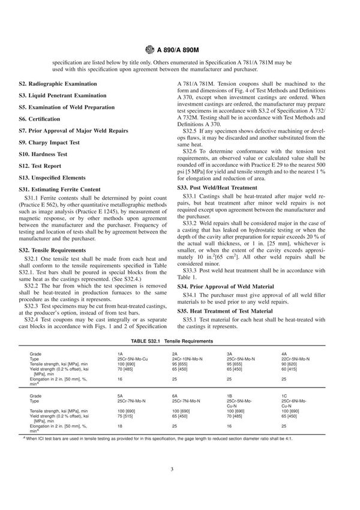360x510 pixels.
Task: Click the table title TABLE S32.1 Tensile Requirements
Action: (x=179, y=341)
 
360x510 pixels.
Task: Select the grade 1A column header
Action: (x=121, y=354)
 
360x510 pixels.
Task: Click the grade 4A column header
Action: (x=284, y=354)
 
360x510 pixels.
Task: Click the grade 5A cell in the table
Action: (x=121, y=396)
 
